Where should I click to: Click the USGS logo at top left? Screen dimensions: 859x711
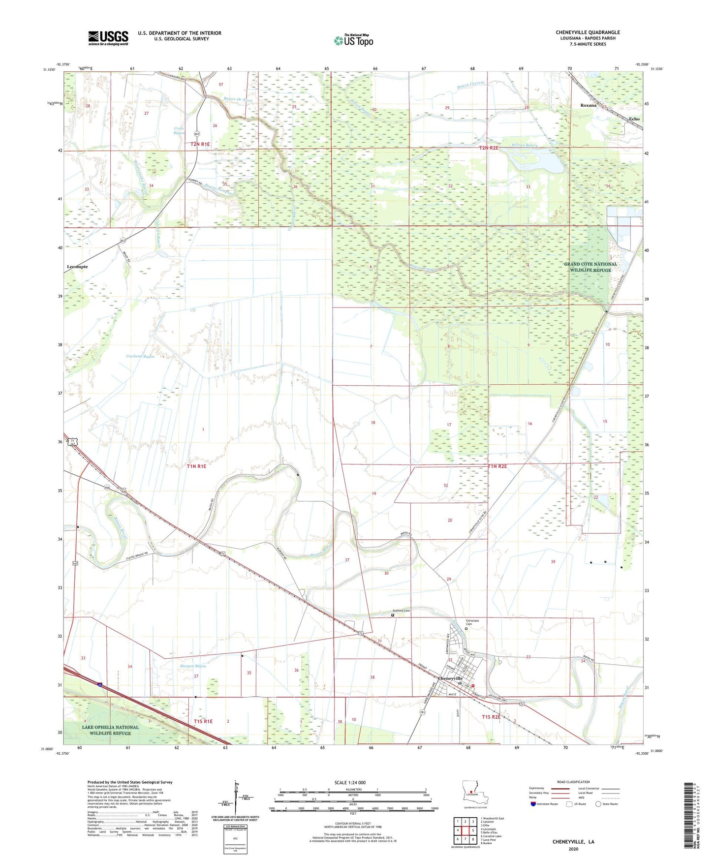108,38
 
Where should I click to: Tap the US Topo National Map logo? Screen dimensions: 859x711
353,40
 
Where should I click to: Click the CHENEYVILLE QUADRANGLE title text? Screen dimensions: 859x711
587,32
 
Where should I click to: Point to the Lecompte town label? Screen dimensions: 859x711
77,267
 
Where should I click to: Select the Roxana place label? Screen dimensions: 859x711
588,105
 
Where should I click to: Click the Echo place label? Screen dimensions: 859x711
634,119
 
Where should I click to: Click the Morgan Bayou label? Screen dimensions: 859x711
193,666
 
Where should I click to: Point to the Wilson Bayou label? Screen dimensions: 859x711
525,145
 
